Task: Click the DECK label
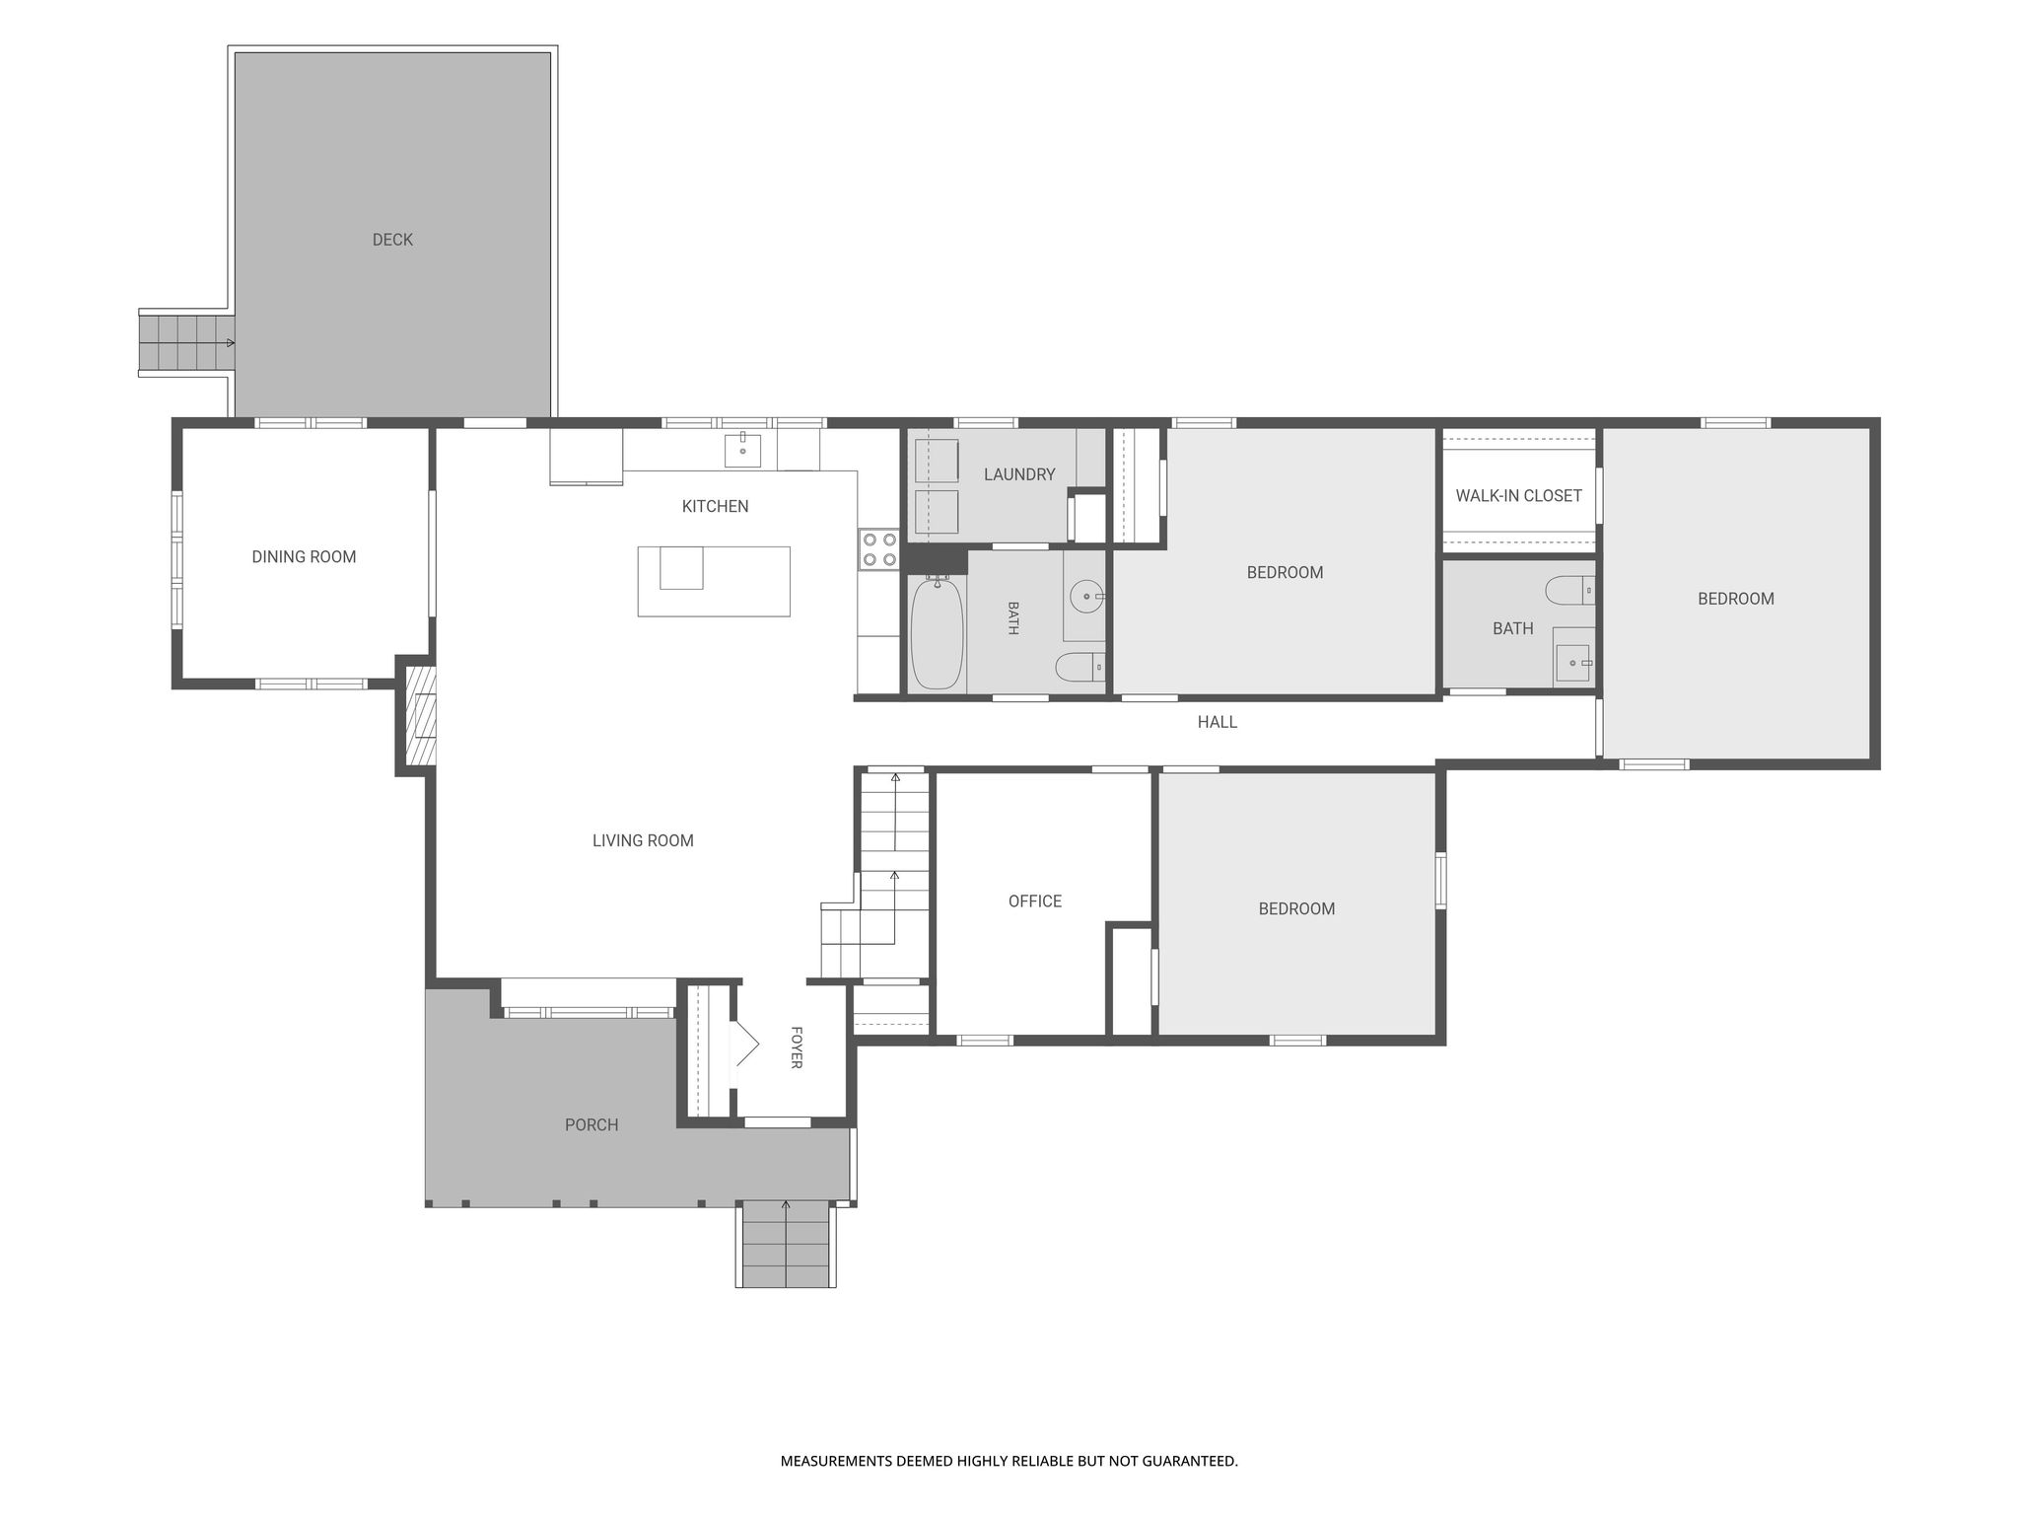[x=392, y=240]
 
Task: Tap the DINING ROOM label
[x=304, y=556]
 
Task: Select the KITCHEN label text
[x=715, y=506]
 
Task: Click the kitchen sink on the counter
[x=742, y=450]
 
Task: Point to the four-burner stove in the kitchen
[x=879, y=549]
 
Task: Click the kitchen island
[x=714, y=581]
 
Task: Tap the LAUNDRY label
[x=1019, y=474]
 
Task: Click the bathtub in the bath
[x=937, y=633]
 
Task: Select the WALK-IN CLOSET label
[x=1518, y=495]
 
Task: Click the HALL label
[x=1217, y=722]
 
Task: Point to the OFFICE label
[x=1035, y=901]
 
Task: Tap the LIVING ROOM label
[x=643, y=840]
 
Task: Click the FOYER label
[x=797, y=1047]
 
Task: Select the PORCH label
[x=592, y=1124]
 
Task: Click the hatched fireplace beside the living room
[x=420, y=716]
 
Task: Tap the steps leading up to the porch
[x=786, y=1244]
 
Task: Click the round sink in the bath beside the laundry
[x=1086, y=597]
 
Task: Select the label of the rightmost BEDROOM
[x=1735, y=599]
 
